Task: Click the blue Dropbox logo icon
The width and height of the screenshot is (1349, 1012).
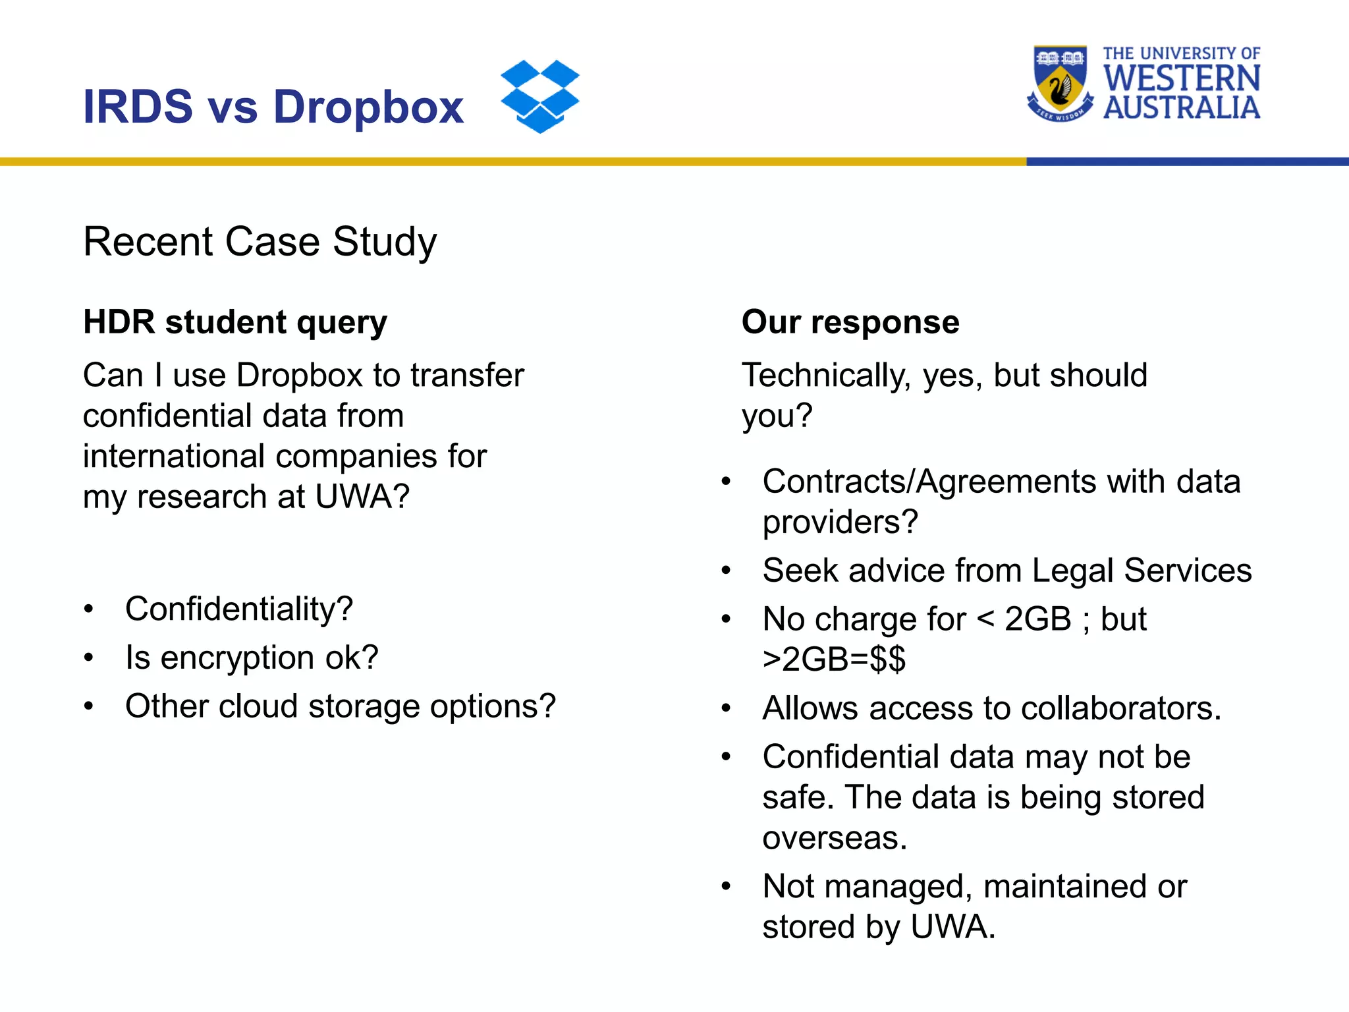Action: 539,96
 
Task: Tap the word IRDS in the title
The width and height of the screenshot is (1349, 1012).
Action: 138,107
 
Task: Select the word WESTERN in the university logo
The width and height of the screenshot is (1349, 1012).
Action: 1182,79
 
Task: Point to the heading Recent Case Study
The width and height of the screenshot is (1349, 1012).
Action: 260,242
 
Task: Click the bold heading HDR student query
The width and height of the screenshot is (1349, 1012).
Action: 235,322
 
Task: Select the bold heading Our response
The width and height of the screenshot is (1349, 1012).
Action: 850,322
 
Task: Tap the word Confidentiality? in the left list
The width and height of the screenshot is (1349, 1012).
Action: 239,609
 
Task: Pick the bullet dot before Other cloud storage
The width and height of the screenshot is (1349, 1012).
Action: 89,706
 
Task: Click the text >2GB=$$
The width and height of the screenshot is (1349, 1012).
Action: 834,660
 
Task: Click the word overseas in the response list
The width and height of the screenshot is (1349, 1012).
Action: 834,838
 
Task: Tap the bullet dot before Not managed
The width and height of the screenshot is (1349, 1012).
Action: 726,887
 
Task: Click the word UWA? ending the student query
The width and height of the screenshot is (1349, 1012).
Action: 362,497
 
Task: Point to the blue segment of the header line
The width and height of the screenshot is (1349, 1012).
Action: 1186,161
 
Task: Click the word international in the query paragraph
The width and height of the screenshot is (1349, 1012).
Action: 173,457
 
